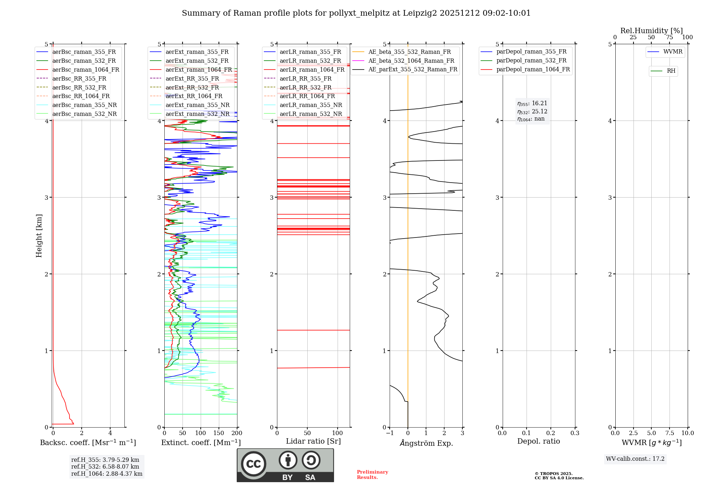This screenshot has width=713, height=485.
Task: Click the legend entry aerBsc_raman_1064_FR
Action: [x=86, y=70]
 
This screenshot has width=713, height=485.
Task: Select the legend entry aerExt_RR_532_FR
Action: [x=192, y=87]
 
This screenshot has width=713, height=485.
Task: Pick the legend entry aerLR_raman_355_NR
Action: [x=311, y=105]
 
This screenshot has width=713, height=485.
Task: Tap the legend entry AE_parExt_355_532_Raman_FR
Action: [x=412, y=70]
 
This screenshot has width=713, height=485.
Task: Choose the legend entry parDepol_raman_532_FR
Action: [x=531, y=61]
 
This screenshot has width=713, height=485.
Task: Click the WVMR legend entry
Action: [x=672, y=52]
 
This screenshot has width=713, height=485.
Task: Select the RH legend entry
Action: [x=671, y=71]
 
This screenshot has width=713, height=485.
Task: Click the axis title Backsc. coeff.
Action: [x=88, y=443]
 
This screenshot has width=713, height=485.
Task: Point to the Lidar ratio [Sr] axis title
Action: [x=313, y=441]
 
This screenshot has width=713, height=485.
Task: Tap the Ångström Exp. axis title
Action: [x=426, y=443]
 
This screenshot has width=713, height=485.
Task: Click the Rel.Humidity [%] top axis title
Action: [x=651, y=31]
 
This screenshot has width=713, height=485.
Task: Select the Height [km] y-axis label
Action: [x=39, y=236]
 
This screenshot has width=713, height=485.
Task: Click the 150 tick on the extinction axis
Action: [x=219, y=433]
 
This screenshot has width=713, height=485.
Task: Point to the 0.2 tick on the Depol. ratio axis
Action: [x=550, y=433]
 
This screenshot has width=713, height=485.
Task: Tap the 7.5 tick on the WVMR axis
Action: [x=669, y=433]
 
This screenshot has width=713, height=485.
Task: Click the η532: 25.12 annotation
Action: [x=532, y=112]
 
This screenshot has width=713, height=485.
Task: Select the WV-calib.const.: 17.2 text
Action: [x=635, y=459]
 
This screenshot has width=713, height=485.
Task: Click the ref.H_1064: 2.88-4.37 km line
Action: [x=107, y=474]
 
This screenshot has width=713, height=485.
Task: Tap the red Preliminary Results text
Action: [x=372, y=475]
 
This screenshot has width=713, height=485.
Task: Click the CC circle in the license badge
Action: [x=253, y=464]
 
